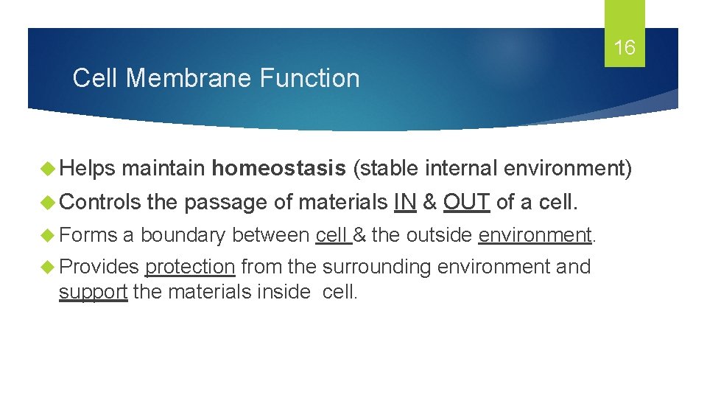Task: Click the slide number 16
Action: pos(625,49)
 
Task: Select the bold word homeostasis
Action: pos(278,169)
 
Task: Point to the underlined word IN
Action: pos(405,201)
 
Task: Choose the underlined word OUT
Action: pos(466,201)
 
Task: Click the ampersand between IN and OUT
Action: pos(430,201)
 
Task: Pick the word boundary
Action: pos(183,235)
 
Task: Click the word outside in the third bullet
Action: pos(439,234)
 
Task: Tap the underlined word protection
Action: pos(190,267)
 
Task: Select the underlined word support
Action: pos(94,292)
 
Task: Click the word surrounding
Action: pos(376,267)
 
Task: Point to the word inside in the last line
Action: pos(285,292)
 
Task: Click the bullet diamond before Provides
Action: pos(52,267)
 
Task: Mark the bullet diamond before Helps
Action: pos(52,169)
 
